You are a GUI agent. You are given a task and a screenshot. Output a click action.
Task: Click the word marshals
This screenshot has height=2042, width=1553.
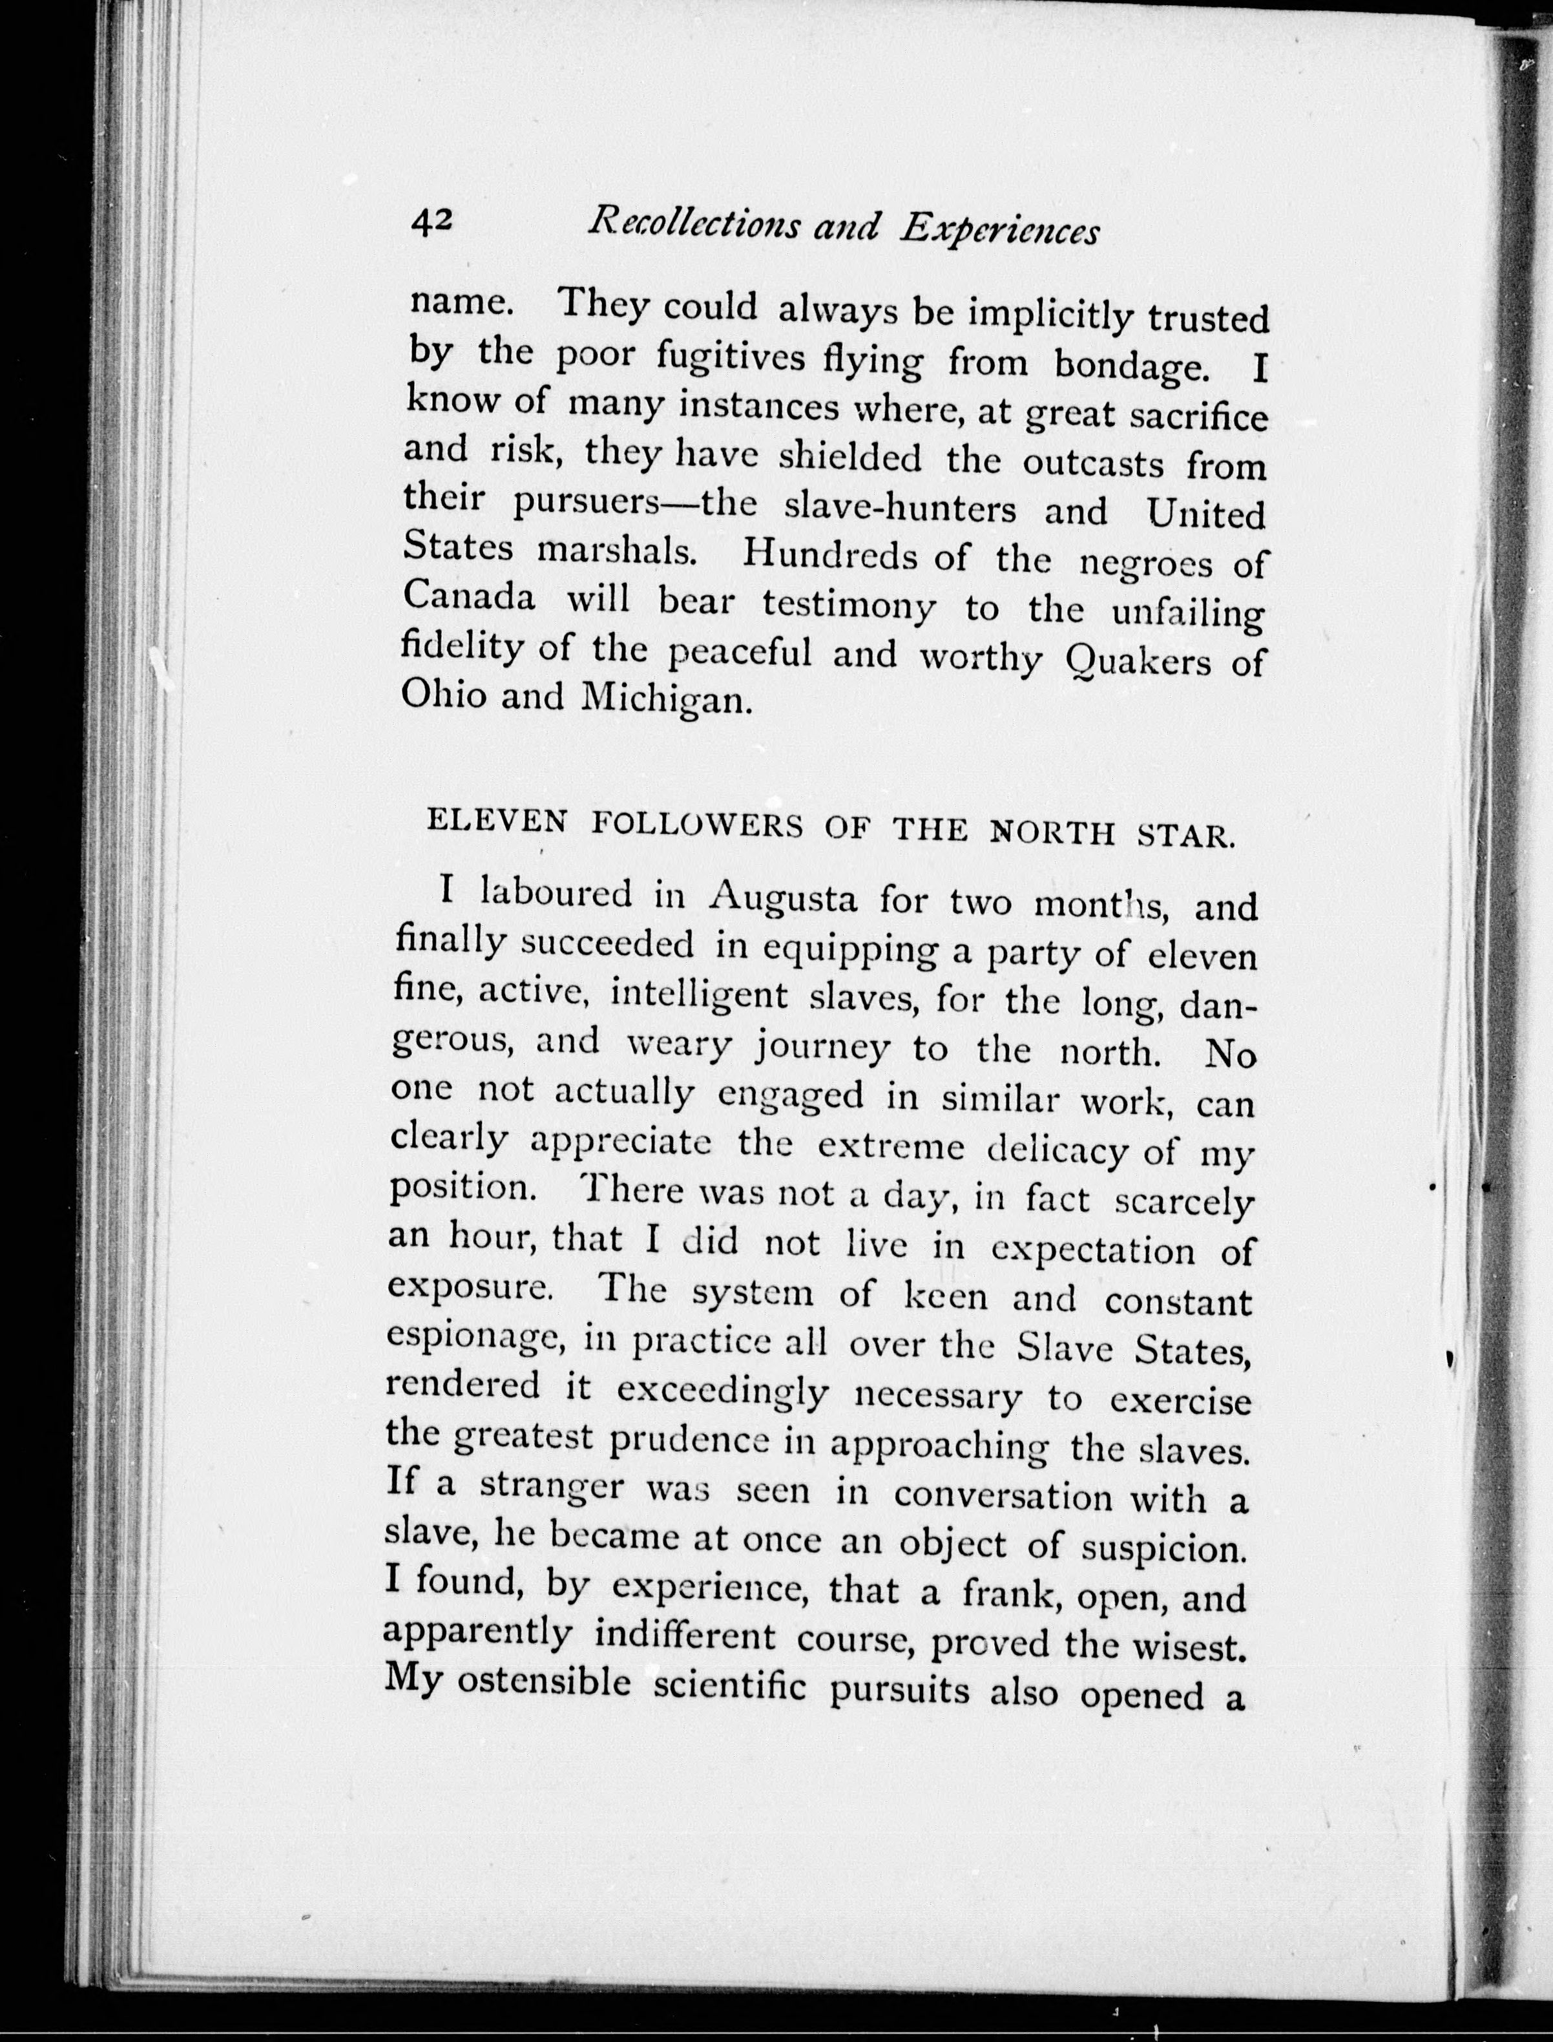[x=616, y=551]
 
